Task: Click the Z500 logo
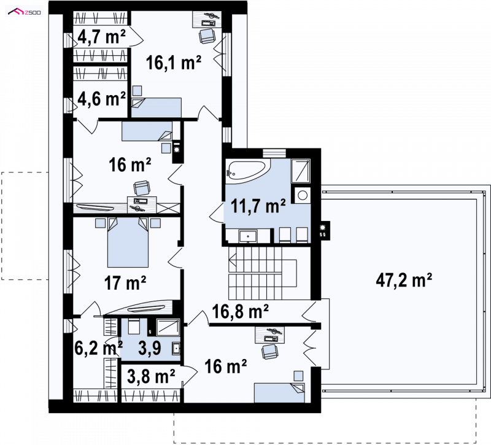[25, 12]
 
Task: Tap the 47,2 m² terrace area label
[404, 280]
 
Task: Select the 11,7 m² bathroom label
[258, 206]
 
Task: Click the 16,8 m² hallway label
[240, 312]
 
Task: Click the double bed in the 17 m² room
[128, 242]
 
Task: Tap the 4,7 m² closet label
[101, 37]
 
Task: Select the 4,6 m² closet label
[101, 99]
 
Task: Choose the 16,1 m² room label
[174, 63]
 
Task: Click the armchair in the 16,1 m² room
[207, 36]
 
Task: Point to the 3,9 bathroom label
[150, 348]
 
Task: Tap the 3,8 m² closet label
[151, 376]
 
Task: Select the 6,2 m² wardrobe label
[98, 348]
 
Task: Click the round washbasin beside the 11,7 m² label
[302, 195]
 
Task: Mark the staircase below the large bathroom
[263, 273]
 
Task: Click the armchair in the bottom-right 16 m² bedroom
[269, 351]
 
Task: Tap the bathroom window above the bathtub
[274, 153]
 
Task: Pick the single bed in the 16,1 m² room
[157, 107]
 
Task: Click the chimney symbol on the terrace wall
[325, 231]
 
